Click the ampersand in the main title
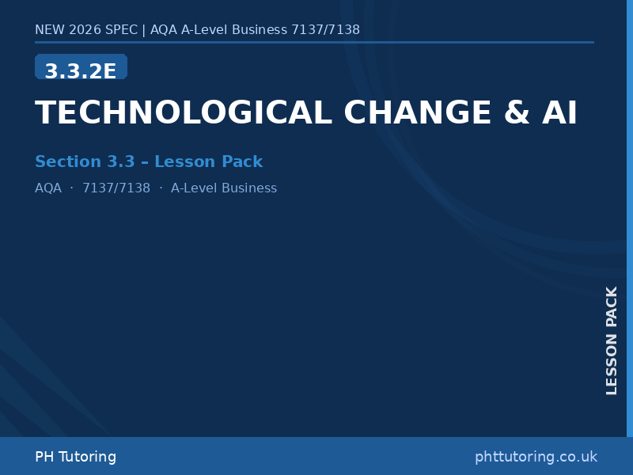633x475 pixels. click(x=517, y=113)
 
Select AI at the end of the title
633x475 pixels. click(x=559, y=113)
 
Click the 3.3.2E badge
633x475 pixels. click(x=81, y=70)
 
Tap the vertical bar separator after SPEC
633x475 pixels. click(x=143, y=30)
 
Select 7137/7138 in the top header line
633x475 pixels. click(x=325, y=30)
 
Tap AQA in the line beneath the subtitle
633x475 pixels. click(x=48, y=188)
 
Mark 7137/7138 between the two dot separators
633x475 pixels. click(x=116, y=188)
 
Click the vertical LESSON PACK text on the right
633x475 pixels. click(x=612, y=340)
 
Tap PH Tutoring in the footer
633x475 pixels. click(x=75, y=457)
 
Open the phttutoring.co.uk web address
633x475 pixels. click(x=536, y=457)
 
